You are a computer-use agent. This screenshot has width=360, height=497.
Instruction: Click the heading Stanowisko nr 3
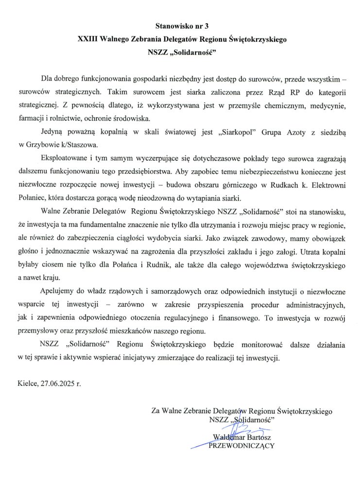(180, 24)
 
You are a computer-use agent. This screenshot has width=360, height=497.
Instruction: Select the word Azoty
(294, 133)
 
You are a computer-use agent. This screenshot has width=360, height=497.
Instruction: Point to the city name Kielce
(27, 383)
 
